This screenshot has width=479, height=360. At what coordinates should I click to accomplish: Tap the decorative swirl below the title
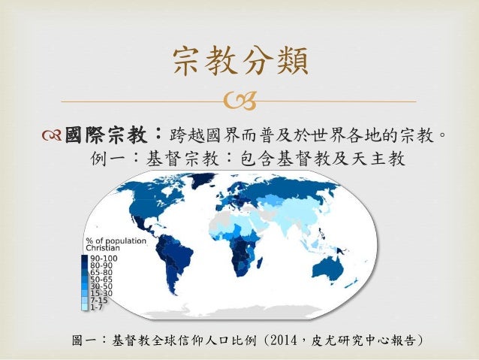pyautogui.click(x=240, y=101)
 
